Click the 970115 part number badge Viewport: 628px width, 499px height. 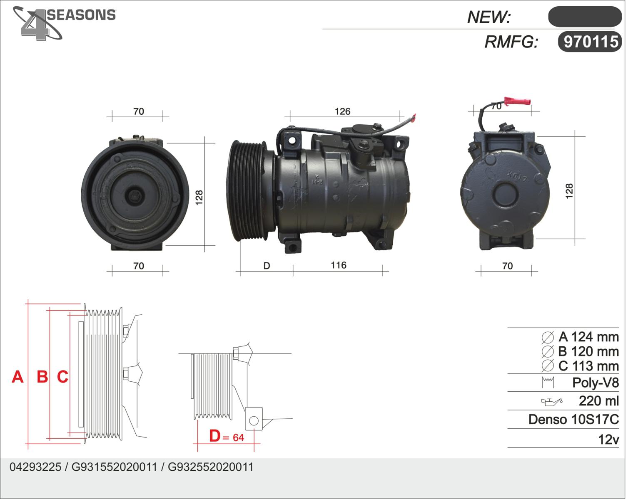pyautogui.click(x=590, y=42)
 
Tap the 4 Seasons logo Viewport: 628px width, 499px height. pyautogui.click(x=64, y=23)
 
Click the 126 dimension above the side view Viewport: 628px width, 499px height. pyautogui.click(x=343, y=111)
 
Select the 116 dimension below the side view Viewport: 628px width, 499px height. pyautogui.click(x=339, y=265)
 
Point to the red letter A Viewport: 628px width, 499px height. pyautogui.click(x=17, y=377)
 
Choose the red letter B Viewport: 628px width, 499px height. pyautogui.click(x=42, y=377)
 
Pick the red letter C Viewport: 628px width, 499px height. pyautogui.click(x=62, y=377)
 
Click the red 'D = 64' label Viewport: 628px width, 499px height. pyautogui.click(x=227, y=436)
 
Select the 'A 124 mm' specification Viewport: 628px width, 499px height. pyautogui.click(x=588, y=337)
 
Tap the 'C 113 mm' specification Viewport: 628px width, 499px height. pyautogui.click(x=588, y=366)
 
